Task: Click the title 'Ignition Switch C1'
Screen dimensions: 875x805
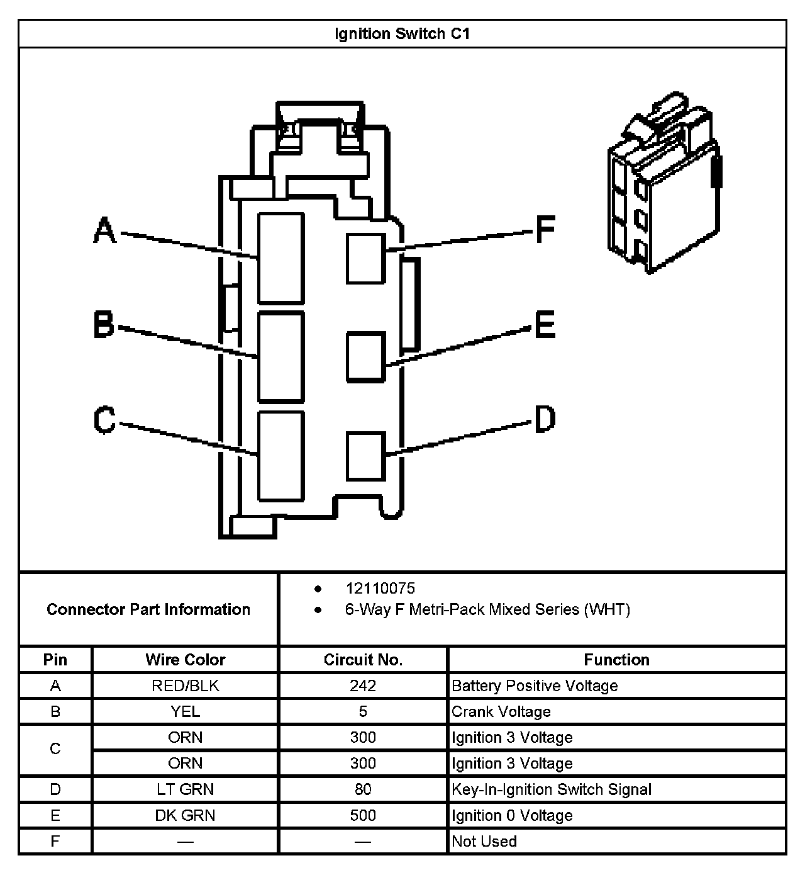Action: pos(402,34)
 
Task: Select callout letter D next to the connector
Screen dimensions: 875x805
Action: pos(545,419)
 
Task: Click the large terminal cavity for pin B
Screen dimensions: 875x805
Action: pos(281,356)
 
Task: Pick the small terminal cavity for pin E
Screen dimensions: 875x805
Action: pos(365,357)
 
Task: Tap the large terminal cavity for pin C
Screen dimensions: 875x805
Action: pos(281,456)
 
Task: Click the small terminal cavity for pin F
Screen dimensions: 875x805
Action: pos(365,258)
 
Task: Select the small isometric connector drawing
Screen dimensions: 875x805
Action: pos(663,183)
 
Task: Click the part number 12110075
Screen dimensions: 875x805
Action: pos(380,589)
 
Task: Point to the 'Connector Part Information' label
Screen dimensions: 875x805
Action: pos(148,609)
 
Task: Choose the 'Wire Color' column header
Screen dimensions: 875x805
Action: pos(185,660)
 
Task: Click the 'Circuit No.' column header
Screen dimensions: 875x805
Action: pos(363,660)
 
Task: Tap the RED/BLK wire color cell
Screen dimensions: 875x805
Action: pos(185,686)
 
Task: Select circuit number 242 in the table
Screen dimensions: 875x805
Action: pos(363,686)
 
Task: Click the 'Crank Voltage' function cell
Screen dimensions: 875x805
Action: pos(501,711)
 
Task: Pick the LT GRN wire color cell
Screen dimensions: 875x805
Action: pos(185,789)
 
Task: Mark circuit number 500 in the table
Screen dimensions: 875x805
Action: pos(363,815)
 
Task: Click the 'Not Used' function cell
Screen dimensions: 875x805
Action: pos(484,841)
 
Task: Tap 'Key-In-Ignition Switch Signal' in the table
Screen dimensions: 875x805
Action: pos(552,789)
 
